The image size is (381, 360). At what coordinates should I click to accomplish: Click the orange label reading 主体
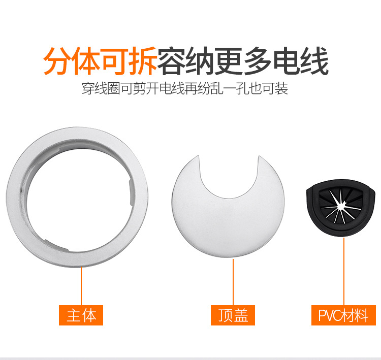[81, 315]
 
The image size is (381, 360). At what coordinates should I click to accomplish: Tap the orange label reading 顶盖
[233, 315]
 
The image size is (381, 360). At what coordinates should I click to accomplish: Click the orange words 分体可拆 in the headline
[100, 61]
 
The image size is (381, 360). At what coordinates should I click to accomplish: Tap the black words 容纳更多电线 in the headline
[243, 61]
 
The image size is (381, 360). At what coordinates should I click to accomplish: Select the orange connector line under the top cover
[233, 282]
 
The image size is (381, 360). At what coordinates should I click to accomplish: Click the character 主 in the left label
[73, 315]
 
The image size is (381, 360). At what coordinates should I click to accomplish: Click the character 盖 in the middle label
[241, 315]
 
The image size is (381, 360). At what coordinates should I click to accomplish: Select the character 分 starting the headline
[58, 61]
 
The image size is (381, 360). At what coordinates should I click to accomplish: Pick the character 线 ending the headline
[314, 61]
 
